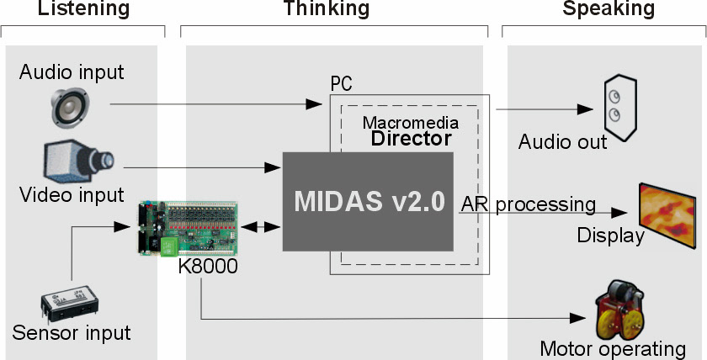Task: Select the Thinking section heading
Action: tap(327, 9)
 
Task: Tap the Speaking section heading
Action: tap(609, 9)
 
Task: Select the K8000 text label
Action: tap(208, 265)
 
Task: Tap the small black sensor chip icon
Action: tap(72, 304)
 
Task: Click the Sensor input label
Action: tap(72, 333)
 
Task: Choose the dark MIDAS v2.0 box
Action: tap(368, 201)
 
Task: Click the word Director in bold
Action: tap(412, 139)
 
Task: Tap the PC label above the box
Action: tap(341, 84)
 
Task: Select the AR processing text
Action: tap(529, 204)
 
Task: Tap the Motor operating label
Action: tap(613, 348)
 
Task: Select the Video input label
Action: tap(71, 195)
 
